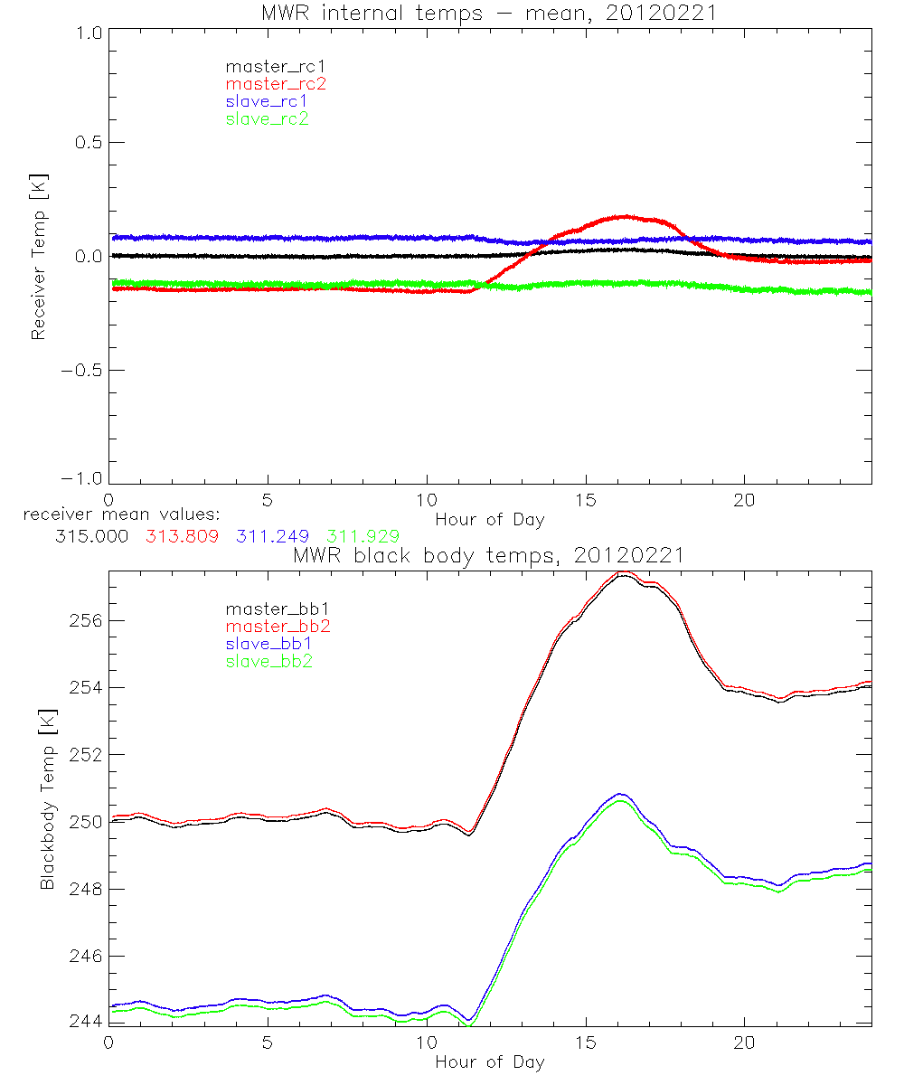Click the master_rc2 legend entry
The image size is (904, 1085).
point(276,84)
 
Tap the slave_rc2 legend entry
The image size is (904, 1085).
point(267,118)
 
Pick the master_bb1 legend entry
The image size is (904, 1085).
point(276,609)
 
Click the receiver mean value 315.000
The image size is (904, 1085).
point(91,536)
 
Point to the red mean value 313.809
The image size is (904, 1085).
point(182,536)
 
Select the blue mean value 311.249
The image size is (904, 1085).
point(272,536)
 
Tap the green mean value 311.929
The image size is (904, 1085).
point(363,536)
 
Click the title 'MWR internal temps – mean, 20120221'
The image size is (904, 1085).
point(489,13)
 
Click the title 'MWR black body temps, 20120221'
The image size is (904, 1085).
point(489,555)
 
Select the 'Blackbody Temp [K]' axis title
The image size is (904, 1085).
point(47,799)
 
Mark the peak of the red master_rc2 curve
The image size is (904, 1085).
point(624,216)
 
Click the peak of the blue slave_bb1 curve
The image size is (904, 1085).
point(619,794)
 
